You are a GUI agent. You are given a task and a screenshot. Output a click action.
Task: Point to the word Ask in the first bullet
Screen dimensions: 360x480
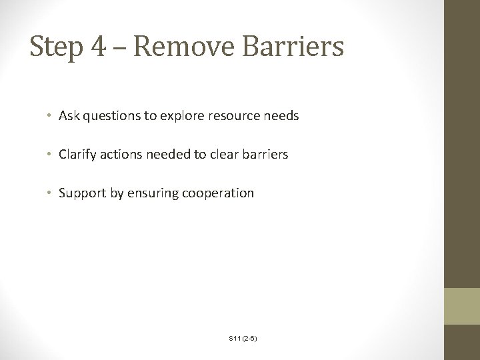tap(69, 116)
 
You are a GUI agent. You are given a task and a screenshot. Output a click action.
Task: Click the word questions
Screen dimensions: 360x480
tap(109, 117)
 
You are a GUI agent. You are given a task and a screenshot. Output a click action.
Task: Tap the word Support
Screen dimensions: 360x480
tap(81, 194)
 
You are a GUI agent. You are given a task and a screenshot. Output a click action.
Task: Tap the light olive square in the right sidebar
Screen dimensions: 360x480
tap(462, 306)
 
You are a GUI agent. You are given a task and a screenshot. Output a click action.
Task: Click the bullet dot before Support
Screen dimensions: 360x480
tap(51, 194)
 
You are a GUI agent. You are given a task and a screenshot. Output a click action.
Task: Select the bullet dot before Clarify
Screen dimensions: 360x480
tap(51, 155)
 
